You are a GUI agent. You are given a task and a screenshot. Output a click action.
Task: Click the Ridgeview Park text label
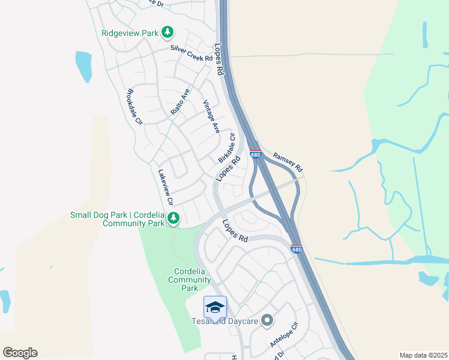click(x=130, y=33)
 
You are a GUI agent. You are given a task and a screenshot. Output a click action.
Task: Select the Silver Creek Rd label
click(x=191, y=53)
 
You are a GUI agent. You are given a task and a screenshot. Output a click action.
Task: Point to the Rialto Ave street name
click(x=179, y=101)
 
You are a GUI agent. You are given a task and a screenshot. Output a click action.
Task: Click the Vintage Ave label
click(x=212, y=116)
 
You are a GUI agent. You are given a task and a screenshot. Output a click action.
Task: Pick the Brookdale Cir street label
click(x=134, y=106)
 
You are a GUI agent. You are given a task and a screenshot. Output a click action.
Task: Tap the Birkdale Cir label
click(x=226, y=148)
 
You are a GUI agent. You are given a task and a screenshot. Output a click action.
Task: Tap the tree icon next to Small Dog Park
click(x=173, y=218)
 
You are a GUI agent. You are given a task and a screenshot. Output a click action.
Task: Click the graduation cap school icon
click(x=215, y=307)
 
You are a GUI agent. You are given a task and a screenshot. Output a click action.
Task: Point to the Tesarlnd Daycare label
click(x=226, y=322)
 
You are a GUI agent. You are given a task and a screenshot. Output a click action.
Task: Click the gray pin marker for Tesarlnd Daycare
click(x=267, y=321)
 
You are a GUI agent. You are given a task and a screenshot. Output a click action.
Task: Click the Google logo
click(x=20, y=353)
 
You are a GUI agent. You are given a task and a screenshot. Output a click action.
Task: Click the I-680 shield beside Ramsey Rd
click(x=255, y=154)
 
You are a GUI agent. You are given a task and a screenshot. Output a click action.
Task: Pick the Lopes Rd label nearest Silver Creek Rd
click(x=218, y=59)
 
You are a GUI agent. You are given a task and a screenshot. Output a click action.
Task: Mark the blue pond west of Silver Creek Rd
click(x=84, y=66)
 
